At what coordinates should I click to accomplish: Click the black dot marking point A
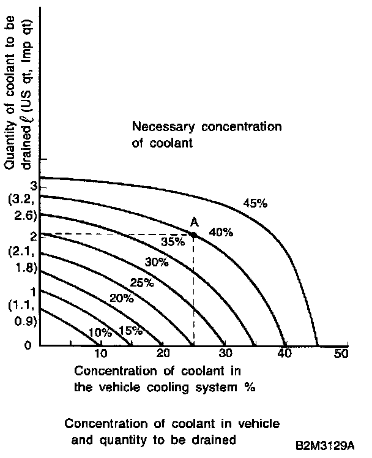tap(193, 235)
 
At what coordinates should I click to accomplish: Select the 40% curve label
tap(220, 232)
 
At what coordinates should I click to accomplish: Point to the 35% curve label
tap(173, 241)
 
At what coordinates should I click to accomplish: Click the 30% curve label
tap(157, 262)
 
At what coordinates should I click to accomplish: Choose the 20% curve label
tap(121, 299)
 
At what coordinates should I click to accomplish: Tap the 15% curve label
tap(130, 331)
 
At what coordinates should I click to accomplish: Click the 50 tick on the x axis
tap(341, 354)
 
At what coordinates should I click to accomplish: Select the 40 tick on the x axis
tap(283, 354)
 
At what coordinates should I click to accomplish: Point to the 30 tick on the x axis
tap(224, 354)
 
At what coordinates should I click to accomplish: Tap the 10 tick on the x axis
tap(101, 354)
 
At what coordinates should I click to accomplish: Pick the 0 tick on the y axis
tap(28, 345)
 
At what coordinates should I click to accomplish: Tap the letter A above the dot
tap(194, 223)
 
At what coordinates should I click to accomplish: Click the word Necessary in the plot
tap(162, 127)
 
